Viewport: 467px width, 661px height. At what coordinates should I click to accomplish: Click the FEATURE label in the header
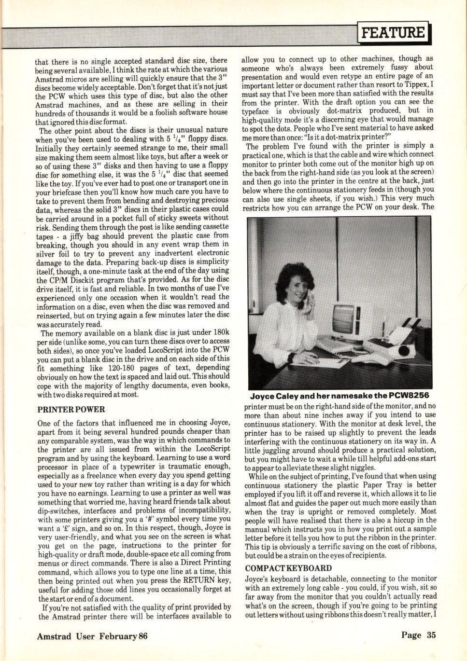coord(394,33)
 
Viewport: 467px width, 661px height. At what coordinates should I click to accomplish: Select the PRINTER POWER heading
coord(71,410)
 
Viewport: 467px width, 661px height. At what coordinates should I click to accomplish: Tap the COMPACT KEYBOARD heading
coord(288,568)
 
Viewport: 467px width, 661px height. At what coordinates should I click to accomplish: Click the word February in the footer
coord(118,636)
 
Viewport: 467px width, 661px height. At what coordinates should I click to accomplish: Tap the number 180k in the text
coord(220,333)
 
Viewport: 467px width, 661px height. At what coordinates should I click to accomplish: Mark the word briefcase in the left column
coord(53,192)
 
